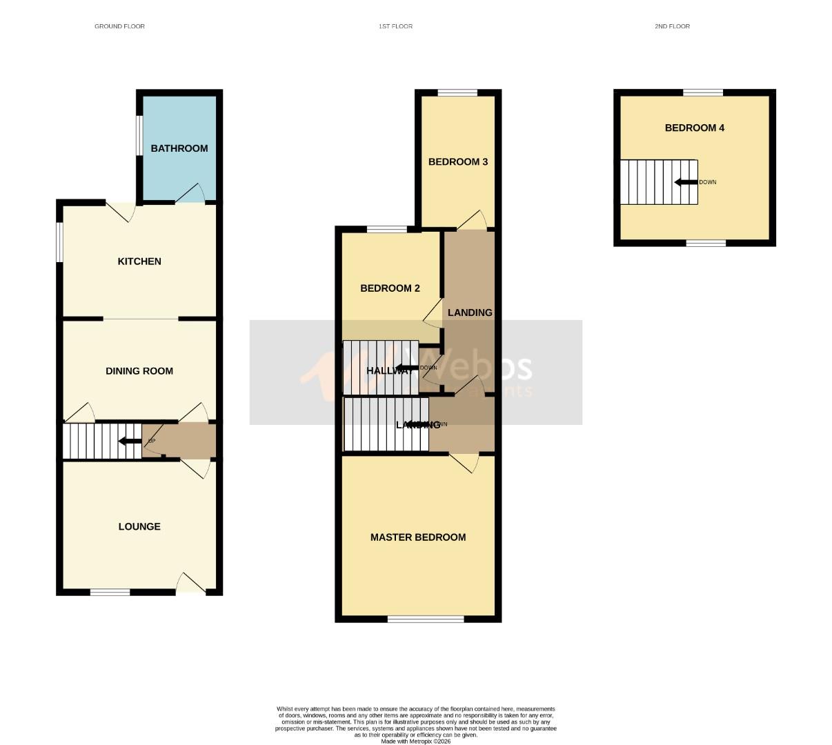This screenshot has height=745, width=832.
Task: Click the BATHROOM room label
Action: pos(179,148)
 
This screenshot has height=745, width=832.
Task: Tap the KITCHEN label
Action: pos(139,261)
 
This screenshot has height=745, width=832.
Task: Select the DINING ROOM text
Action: pos(139,371)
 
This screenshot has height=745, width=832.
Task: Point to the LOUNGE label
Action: pos(139,526)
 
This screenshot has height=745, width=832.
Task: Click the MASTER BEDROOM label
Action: pos(418,537)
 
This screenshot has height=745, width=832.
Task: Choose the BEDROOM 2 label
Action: pos(390,289)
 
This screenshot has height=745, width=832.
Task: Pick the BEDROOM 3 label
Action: pos(458,162)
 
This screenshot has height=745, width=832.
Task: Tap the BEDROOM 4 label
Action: pos(694,128)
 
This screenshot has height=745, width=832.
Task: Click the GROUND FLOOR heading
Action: pos(119,26)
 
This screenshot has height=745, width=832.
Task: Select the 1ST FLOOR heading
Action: pos(395,26)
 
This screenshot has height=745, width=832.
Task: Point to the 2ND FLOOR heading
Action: pos(672,26)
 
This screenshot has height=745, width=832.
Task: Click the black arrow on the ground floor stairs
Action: pos(129,441)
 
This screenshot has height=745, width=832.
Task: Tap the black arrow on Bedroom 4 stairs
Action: pos(686,182)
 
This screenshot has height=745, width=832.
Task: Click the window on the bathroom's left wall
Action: pos(139,134)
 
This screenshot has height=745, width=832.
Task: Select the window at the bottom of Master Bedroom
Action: pos(425,619)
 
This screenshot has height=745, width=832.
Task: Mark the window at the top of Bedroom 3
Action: pos(457,92)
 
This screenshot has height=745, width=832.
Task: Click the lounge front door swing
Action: pos(190,584)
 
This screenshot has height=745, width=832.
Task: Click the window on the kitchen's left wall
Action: pos(59,241)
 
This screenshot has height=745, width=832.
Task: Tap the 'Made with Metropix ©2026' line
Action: pos(416,742)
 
